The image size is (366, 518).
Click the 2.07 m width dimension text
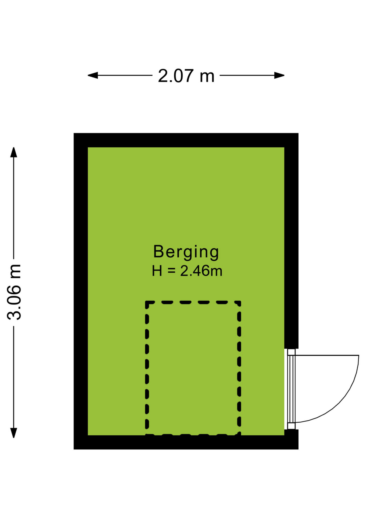pyautogui.click(x=186, y=76)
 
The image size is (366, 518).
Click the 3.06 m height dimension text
pyautogui.click(x=14, y=292)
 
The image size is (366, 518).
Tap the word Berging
pyautogui.click(x=186, y=252)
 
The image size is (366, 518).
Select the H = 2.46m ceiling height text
pyautogui.click(x=187, y=271)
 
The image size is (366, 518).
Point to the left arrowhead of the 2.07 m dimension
pyautogui.click(x=93, y=75)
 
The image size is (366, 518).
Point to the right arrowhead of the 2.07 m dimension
pyautogui.click(x=279, y=75)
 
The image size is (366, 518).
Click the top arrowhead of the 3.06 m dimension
pyautogui.click(x=14, y=152)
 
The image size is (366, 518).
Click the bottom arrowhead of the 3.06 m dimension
pyautogui.click(x=14, y=433)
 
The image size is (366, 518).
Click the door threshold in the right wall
pyautogui.click(x=291, y=389)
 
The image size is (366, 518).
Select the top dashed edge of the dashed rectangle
pyautogui.click(x=193, y=302)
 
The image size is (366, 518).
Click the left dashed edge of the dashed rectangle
pyautogui.click(x=147, y=368)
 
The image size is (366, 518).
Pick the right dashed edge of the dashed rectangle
pyautogui.click(x=239, y=368)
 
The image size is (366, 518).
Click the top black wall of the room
pyautogui.click(x=186, y=140)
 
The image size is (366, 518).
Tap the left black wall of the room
pyautogui.click(x=81, y=291)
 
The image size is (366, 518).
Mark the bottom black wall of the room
pyautogui.click(x=186, y=442)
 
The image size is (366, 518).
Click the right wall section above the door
pyautogui.click(x=291, y=241)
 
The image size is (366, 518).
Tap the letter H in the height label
pyautogui.click(x=157, y=271)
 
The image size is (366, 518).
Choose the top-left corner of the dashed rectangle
pyautogui.click(x=147, y=302)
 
